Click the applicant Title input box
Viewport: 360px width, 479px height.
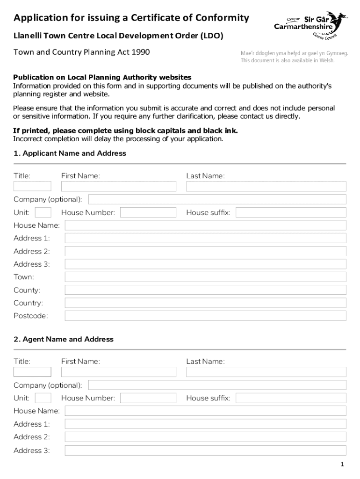tap(32, 186)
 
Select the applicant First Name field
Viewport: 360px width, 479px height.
tap(118, 186)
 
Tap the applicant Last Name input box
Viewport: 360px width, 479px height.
tap(266, 186)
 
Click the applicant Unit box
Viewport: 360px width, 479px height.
tap(43, 213)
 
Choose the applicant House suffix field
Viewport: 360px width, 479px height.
tap(291, 213)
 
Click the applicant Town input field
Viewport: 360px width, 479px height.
tap(205, 277)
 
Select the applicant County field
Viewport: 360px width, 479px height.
tap(205, 290)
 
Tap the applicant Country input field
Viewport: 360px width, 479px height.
tap(205, 303)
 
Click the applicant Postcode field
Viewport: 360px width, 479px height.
tap(205, 316)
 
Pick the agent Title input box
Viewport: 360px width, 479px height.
tap(32, 372)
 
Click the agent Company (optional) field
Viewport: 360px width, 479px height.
tap(217, 385)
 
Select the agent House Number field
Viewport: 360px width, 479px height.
tap(148, 398)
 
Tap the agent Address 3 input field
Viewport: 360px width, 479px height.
tap(205, 450)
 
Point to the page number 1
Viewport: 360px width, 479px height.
tap(343, 464)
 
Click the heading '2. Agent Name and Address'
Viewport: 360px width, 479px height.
tap(64, 339)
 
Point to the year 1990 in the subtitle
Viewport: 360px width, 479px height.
tap(140, 52)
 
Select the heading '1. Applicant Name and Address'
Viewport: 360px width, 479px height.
tap(70, 153)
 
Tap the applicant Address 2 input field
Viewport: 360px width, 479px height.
tap(205, 251)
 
